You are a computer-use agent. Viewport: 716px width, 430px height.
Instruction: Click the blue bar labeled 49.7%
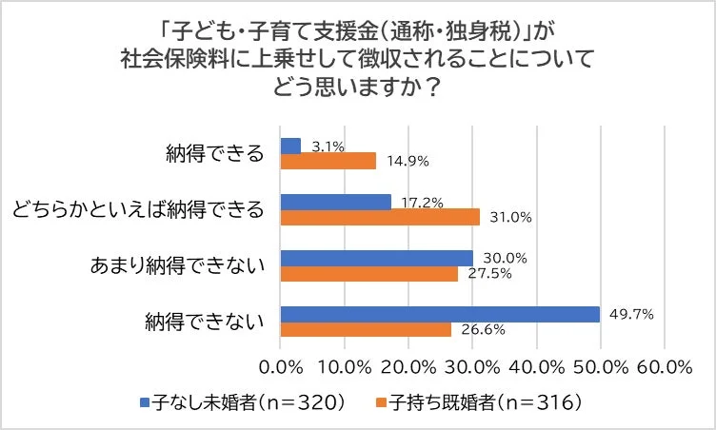point(440,314)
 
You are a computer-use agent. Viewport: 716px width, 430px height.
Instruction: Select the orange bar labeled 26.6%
point(366,329)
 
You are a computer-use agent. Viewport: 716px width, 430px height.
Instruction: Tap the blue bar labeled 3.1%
point(290,147)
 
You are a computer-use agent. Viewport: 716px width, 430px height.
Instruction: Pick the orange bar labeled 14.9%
point(328,162)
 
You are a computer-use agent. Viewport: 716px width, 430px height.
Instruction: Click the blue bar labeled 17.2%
point(336,202)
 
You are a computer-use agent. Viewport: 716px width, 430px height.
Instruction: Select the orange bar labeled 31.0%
point(380,217)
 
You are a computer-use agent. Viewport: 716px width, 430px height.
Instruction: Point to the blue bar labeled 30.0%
point(376,258)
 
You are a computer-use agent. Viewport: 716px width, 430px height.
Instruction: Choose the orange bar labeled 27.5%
point(368,273)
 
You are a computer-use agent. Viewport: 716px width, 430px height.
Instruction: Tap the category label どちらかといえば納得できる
point(137,209)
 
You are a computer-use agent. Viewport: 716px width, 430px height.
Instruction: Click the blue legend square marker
point(145,402)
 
